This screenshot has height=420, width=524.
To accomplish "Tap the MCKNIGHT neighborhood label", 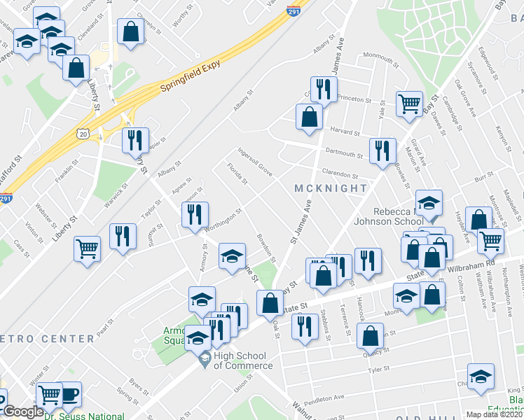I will coord(331,188).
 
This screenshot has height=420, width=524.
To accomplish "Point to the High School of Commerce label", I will coord(243,360).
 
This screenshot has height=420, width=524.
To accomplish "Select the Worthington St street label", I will coord(223,220).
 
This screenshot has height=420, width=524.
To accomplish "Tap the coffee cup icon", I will coord(69,393).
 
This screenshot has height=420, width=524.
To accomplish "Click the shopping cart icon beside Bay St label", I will coord(409,104).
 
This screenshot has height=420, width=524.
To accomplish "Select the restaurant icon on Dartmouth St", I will coord(382,151).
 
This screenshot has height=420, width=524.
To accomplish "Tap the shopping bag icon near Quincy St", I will coord(369,336).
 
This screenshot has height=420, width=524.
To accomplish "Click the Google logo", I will coord(22,412).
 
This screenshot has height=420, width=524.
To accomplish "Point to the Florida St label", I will coord(236,175).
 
